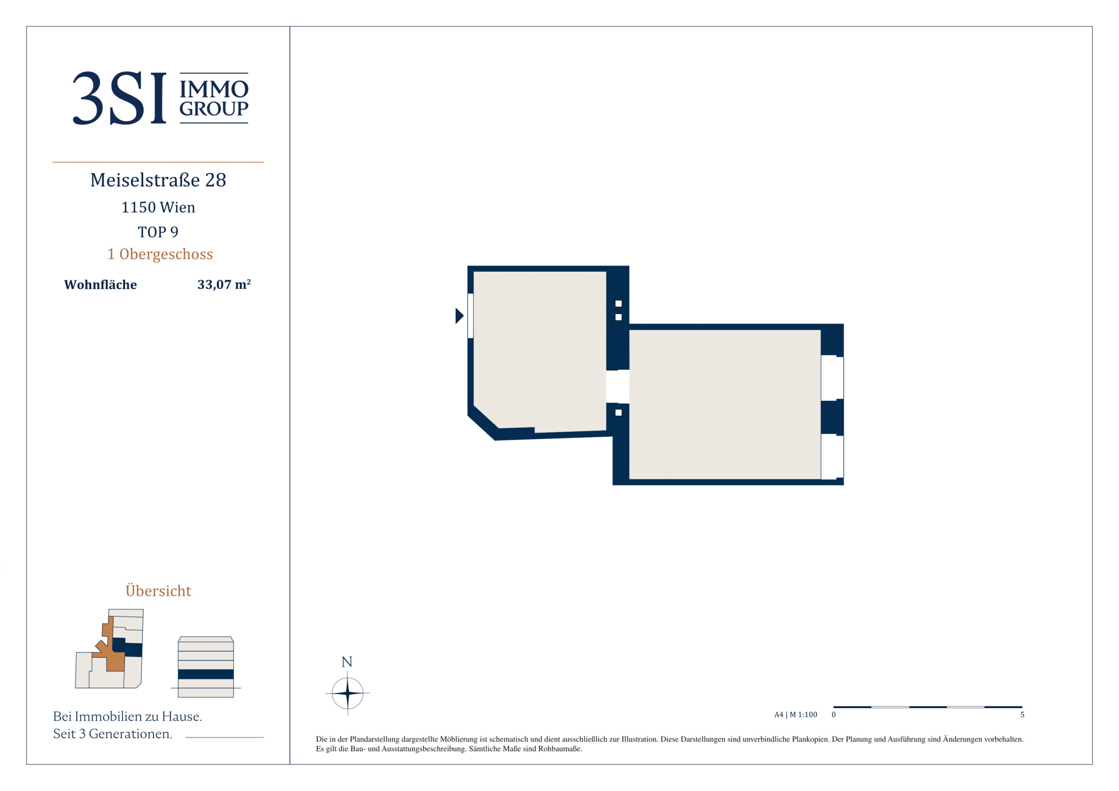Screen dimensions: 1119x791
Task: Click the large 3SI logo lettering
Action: coord(119,98)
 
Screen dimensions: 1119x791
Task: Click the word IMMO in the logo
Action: coord(214,89)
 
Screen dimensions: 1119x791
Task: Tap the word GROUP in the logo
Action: coord(214,109)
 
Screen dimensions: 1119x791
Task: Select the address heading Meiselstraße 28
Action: coord(158,180)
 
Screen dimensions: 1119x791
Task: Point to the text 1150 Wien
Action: coord(158,208)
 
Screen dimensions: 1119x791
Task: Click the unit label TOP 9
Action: coord(158,232)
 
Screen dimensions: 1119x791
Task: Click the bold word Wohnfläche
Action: coord(100,285)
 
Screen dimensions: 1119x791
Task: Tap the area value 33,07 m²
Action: coord(224,284)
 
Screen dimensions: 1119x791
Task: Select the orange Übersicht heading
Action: coord(158,590)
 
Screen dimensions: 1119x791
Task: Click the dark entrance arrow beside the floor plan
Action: coord(459,316)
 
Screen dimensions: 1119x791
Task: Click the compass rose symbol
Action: coord(348,693)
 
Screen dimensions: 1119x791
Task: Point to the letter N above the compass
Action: coord(347,662)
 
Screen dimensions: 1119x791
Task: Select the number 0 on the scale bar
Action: coord(833,714)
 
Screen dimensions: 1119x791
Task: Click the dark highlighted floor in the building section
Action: coord(206,675)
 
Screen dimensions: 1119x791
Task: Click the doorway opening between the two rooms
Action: coord(618,386)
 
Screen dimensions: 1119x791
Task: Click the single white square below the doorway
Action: coord(618,413)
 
